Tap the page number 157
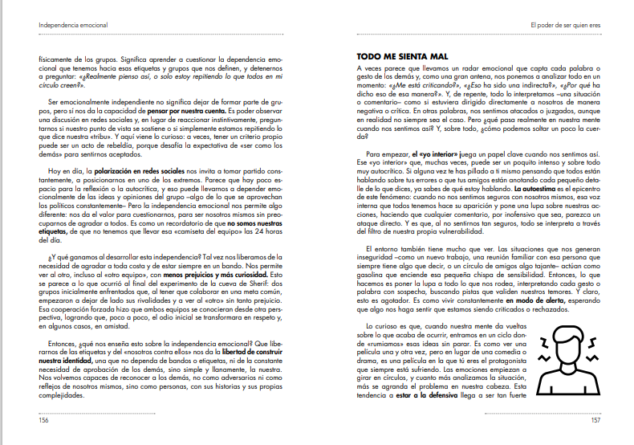click(x=595, y=418)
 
